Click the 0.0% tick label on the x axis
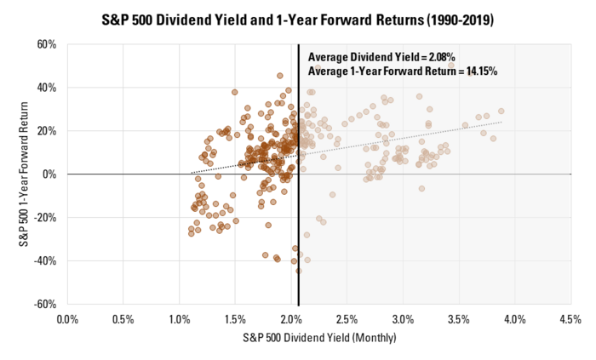coord(67,319)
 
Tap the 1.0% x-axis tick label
coord(179,319)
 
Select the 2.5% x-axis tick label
coord(347,319)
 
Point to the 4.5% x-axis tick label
coord(570,319)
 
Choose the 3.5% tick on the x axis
coord(458,319)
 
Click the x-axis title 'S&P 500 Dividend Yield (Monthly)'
coord(318,337)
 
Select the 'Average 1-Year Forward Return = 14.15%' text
coord(402,71)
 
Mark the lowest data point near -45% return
coord(298,271)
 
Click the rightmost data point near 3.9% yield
coord(501,111)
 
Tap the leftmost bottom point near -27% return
coord(192,232)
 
